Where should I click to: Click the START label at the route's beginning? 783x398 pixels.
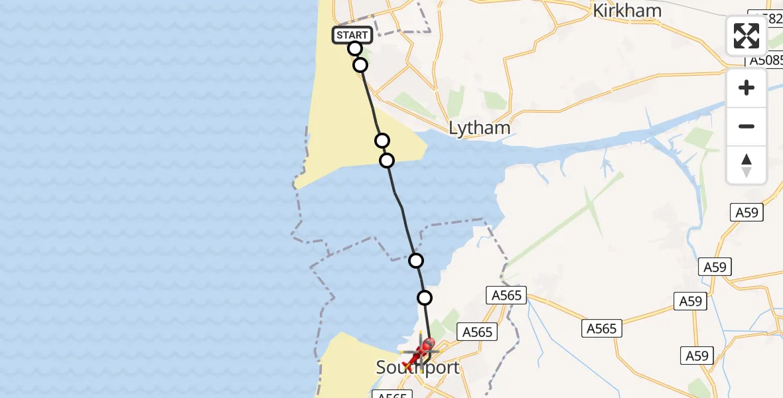[x=352, y=34]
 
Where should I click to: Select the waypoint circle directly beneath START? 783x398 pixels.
[x=354, y=48]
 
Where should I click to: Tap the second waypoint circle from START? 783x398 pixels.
[x=360, y=65]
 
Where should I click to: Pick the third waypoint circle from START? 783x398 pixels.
[x=382, y=141]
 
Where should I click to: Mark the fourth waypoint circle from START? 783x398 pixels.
[x=386, y=161]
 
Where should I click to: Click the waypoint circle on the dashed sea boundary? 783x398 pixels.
[x=415, y=261]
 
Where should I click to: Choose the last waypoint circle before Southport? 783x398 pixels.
[x=424, y=298]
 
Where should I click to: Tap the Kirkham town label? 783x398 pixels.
[x=626, y=11]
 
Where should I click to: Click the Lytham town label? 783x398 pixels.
[x=479, y=127]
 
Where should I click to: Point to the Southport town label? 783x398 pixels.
[x=417, y=367]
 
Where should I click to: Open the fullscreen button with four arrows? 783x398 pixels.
[x=747, y=36]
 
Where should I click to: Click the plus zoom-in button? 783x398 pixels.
[x=747, y=88]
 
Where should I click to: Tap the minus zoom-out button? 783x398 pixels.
[x=747, y=126]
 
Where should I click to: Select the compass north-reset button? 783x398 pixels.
[x=747, y=165]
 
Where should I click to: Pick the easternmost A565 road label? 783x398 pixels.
[x=601, y=328]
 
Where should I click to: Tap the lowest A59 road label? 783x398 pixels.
[x=697, y=356]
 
